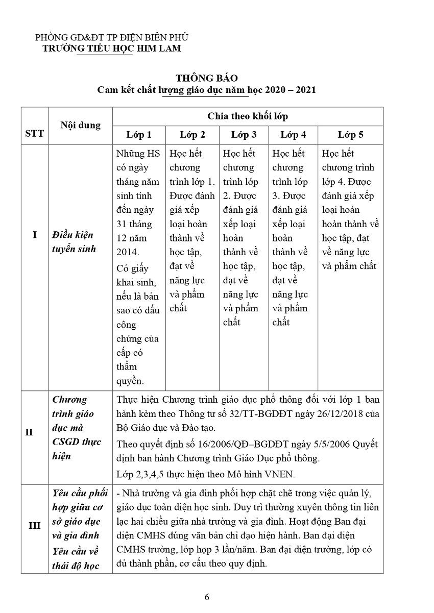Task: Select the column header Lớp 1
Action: coord(139,135)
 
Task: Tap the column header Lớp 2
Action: coord(192,135)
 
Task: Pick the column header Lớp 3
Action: coord(244,135)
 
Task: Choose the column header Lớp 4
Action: coord(293,135)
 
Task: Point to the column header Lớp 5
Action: coord(350,135)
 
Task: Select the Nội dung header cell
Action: coord(80,125)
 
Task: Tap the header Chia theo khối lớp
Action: coord(248,116)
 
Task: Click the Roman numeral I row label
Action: coord(34,235)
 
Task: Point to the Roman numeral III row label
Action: coord(34,525)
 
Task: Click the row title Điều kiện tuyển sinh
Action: coord(75,242)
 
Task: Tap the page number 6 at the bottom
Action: coord(207,598)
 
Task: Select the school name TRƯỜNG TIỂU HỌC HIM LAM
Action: coord(111,48)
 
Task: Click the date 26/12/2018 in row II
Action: coord(337,413)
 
